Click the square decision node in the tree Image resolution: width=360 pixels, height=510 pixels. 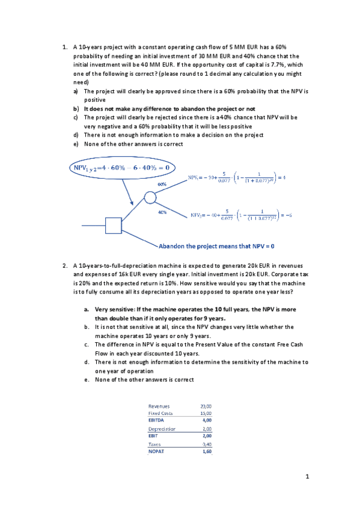tap(114, 225)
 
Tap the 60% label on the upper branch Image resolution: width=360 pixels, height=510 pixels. tap(162, 183)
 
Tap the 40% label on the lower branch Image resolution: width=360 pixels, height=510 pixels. tap(162, 212)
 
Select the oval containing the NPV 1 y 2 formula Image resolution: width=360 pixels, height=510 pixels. tap(122, 167)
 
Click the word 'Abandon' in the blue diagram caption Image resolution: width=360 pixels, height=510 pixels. tap(174, 246)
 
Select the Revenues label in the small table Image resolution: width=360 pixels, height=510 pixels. tap(159, 407)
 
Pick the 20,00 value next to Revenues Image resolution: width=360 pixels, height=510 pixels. tap(206, 407)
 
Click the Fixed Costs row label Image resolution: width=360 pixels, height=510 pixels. tap(160, 414)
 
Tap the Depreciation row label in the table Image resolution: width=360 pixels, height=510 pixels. tap(162, 429)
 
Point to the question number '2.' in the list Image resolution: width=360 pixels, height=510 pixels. tap(64, 265)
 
